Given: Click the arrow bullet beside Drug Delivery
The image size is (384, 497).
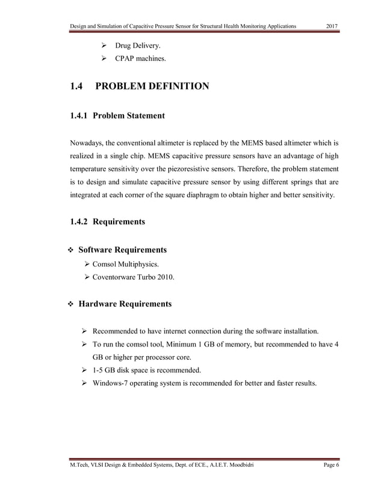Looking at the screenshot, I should point(103,46).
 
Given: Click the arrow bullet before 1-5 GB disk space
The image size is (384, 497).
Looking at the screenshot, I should point(85,369).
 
